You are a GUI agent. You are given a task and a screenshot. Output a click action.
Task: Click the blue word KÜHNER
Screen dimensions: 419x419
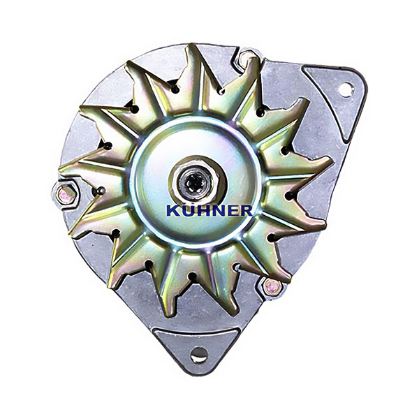pos(209,210)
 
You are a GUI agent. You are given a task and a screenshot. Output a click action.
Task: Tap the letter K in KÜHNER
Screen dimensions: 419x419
pos(173,211)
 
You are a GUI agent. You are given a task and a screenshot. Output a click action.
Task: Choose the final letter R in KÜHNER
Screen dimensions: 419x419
pos(245,211)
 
